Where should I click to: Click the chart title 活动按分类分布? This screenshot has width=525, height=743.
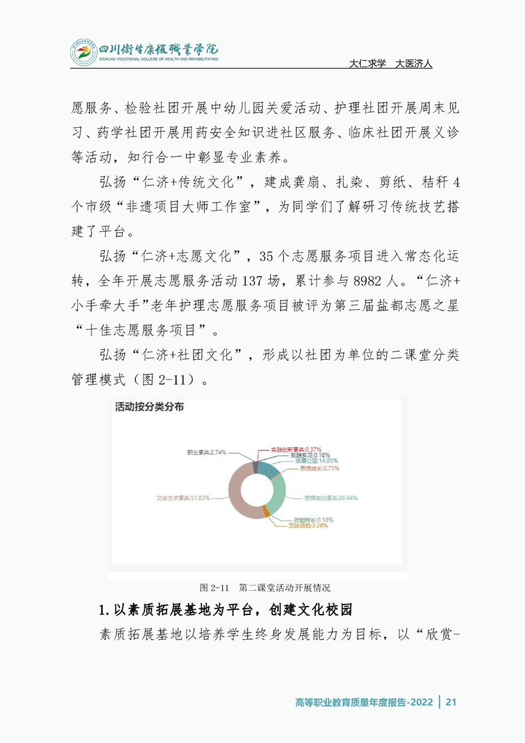pos(149,407)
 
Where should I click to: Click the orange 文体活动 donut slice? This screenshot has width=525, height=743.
pos(265,510)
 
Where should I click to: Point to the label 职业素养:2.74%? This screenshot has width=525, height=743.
pos(207,452)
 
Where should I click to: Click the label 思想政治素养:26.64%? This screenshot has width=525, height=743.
pos(330,497)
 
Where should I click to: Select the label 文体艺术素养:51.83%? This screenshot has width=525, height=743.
pos(183,497)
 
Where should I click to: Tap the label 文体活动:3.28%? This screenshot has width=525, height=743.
pos(310,526)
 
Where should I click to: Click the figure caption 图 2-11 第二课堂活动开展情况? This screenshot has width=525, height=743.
pos(265,587)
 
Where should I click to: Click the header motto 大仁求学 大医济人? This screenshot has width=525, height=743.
pos(390,64)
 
